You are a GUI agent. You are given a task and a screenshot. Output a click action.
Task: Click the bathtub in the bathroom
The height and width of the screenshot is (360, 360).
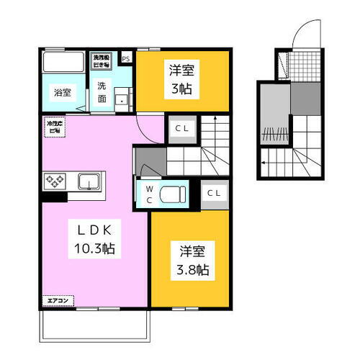click(x=63, y=62)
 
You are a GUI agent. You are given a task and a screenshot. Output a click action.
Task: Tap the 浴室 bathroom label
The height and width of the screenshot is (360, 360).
click(x=62, y=92)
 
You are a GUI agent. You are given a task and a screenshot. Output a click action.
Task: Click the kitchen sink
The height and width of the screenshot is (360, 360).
click(x=89, y=180)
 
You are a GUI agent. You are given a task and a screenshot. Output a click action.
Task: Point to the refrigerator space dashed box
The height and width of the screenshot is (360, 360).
click(x=54, y=127)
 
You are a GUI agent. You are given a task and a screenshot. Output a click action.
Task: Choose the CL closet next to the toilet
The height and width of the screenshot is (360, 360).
click(x=213, y=193)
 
